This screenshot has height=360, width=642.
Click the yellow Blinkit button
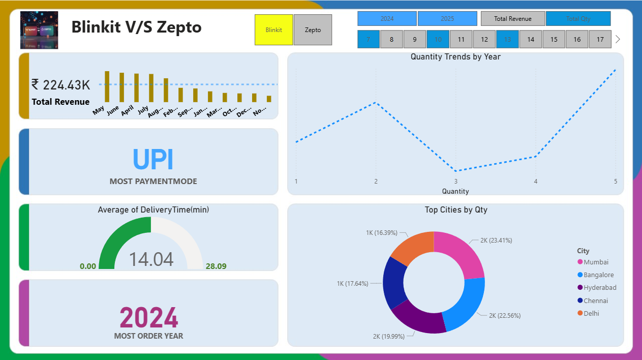click(x=273, y=30)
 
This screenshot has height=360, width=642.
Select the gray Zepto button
click(x=313, y=30)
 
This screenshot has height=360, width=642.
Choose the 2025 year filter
click(x=447, y=19)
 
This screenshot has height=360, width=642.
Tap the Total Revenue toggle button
click(x=512, y=19)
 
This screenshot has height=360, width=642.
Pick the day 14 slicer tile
click(x=530, y=39)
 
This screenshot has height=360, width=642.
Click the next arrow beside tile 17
click(x=618, y=39)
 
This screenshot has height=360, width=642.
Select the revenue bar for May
click(x=107, y=87)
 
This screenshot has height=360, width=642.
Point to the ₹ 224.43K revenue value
click(x=60, y=85)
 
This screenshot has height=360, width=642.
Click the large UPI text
click(x=153, y=160)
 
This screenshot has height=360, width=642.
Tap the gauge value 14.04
click(x=151, y=259)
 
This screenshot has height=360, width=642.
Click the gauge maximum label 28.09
click(x=216, y=266)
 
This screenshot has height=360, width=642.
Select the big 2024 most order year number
click(x=148, y=318)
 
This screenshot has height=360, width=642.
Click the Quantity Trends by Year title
click(x=455, y=57)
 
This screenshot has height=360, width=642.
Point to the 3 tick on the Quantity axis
click(x=456, y=182)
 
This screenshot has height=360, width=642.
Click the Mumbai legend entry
click(x=595, y=262)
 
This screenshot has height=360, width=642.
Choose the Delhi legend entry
click(x=591, y=313)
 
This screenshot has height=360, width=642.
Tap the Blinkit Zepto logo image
click(x=39, y=30)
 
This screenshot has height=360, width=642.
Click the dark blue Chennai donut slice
click(x=393, y=283)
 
